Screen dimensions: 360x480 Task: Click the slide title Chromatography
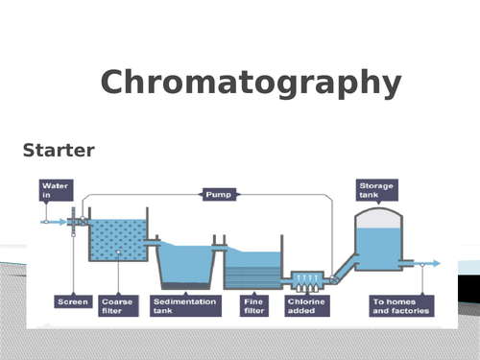250,84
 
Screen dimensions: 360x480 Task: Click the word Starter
57,151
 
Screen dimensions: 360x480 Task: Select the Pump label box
215,195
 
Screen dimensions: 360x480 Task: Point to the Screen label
73,301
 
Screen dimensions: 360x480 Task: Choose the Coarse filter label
116,305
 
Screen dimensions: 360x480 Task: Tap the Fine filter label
252,305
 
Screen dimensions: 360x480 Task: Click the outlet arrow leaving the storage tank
430,263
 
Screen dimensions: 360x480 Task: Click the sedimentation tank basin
183,265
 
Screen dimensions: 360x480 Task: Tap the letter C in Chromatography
114,84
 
